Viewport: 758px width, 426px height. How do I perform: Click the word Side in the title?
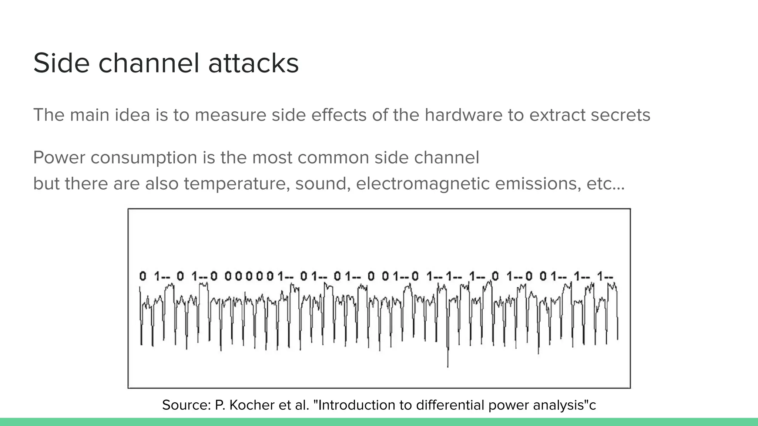(x=61, y=63)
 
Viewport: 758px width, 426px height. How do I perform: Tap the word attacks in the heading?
(x=253, y=63)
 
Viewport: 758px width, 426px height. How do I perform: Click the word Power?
(x=59, y=158)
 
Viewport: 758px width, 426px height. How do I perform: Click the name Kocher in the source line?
(x=250, y=405)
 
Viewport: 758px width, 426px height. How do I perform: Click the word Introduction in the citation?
(x=357, y=405)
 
